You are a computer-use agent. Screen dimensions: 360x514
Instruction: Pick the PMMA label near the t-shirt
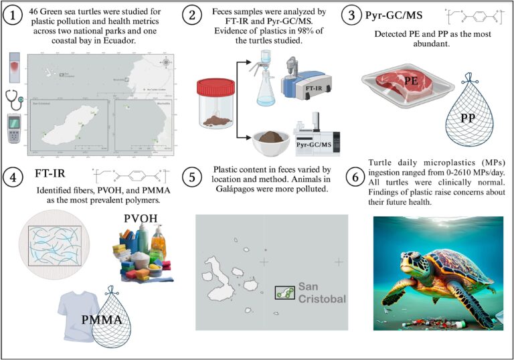coord(101,319)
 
